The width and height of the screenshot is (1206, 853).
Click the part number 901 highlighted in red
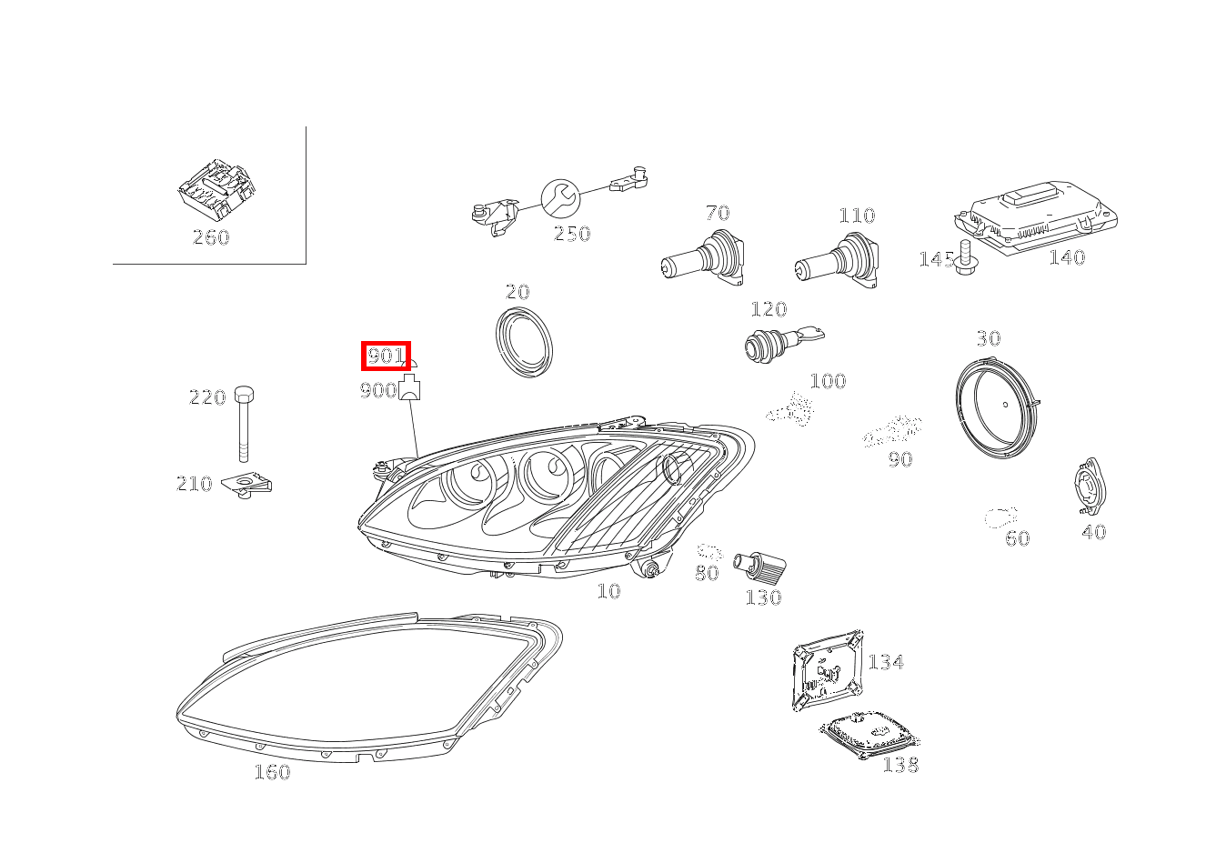[386, 356]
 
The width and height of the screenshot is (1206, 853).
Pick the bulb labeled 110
[839, 261]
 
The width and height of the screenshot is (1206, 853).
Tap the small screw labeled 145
[966, 258]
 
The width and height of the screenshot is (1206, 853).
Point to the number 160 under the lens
[272, 772]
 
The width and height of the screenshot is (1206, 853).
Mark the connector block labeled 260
[216, 189]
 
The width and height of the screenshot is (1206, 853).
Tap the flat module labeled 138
[869, 733]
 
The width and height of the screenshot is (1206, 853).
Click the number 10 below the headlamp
[608, 591]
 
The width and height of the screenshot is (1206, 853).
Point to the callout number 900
[378, 391]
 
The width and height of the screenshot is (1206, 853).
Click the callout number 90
[899, 459]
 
